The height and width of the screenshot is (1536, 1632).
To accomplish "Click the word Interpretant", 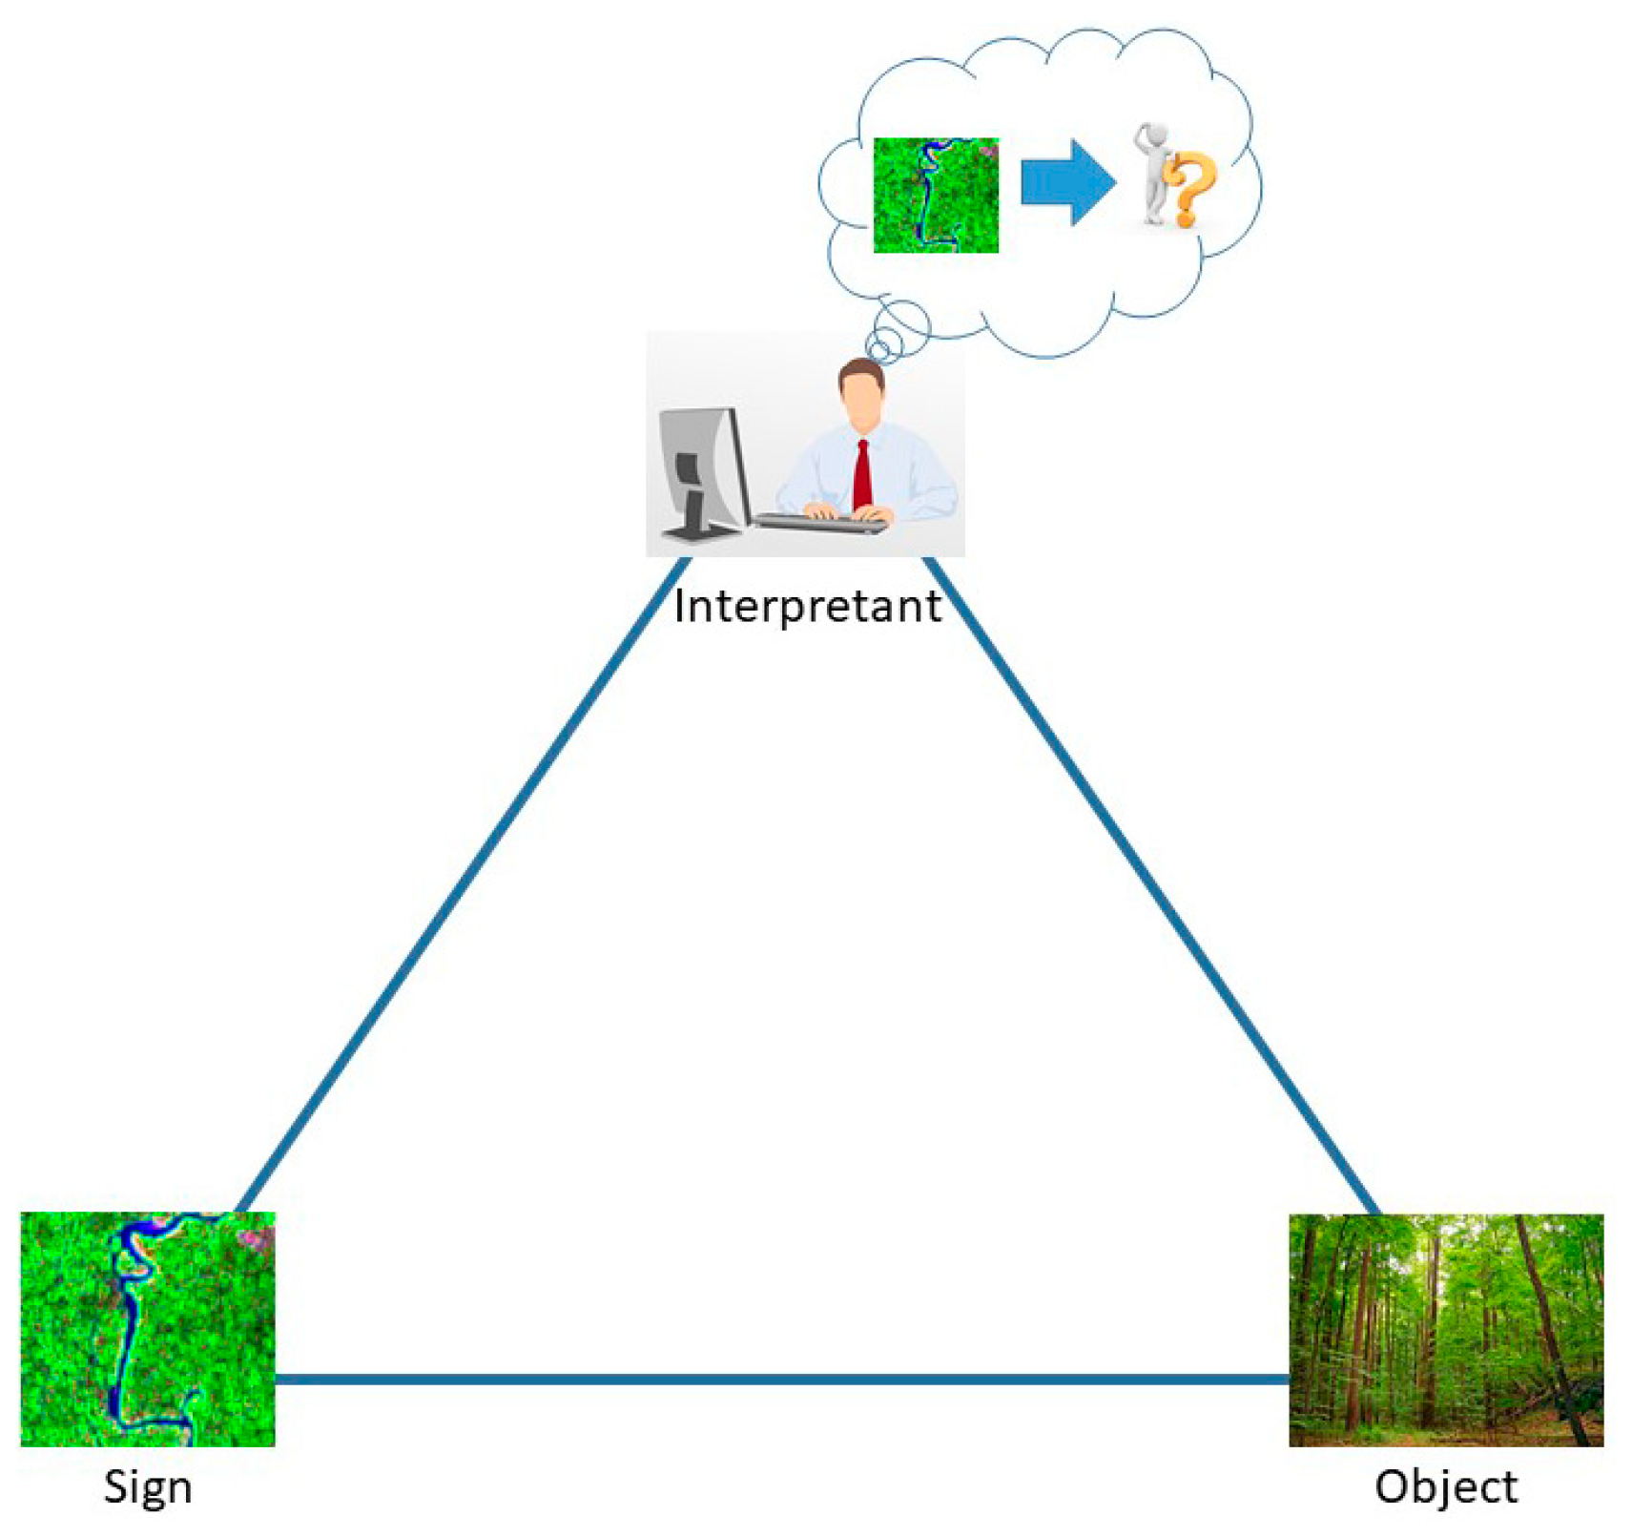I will click(x=807, y=606).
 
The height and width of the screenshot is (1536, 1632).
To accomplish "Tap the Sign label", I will click(x=148, y=1485).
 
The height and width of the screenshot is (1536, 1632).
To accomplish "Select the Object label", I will click(x=1445, y=1485).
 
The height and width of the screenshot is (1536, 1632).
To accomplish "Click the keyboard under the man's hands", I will click(x=820, y=523).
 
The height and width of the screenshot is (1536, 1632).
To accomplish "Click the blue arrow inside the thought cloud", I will click(x=1066, y=182).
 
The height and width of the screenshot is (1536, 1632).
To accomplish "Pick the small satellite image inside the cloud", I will click(x=936, y=195).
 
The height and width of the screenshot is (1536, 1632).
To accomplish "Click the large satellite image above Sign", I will click(x=148, y=1328).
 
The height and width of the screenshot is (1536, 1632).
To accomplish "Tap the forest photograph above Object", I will click(x=1445, y=1329).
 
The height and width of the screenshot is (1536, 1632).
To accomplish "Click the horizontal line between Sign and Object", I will click(x=782, y=1379).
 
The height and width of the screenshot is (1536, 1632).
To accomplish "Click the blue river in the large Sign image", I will click(x=123, y=1336).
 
